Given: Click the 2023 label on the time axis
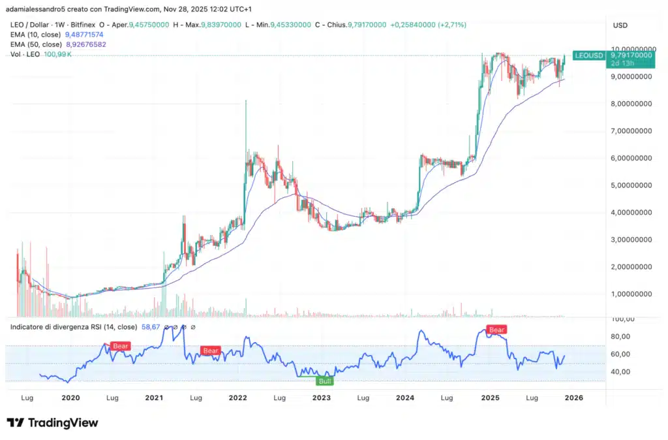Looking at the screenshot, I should [322, 397].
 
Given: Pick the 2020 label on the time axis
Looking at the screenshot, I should [70, 397].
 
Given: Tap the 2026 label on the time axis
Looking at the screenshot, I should [573, 397].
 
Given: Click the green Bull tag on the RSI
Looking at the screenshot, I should [324, 380].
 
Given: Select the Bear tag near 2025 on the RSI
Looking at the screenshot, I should [497, 330].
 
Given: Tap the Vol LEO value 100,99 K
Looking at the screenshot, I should [57, 54].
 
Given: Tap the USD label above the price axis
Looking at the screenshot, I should [620, 25].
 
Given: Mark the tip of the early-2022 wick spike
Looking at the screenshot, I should [246, 101].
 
